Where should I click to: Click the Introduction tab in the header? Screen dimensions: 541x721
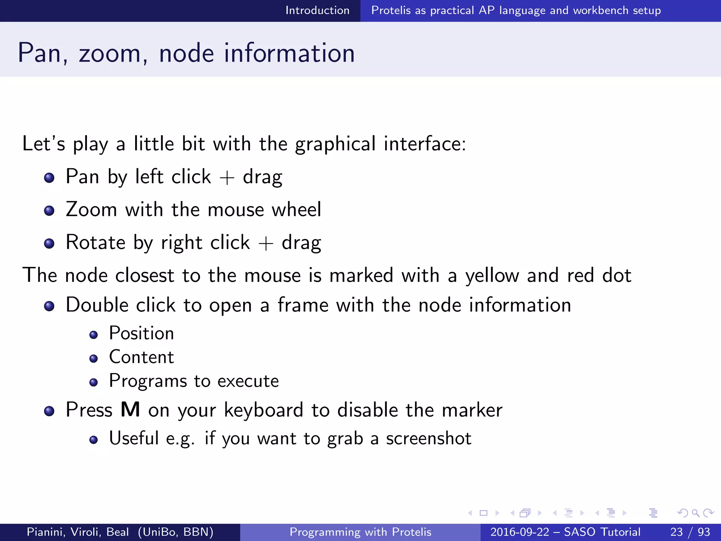click(x=317, y=11)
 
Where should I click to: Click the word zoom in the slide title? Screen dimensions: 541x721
click(x=109, y=54)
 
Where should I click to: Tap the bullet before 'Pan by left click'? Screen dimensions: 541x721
click(x=49, y=178)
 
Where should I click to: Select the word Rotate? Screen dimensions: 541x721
click(x=95, y=242)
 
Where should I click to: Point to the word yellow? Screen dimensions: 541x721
click(x=492, y=276)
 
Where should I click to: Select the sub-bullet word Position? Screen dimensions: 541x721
click(x=141, y=333)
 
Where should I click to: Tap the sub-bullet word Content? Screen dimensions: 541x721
click(x=141, y=357)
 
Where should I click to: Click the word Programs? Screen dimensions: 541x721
click(x=148, y=381)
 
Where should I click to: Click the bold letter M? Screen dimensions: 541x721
click(x=130, y=410)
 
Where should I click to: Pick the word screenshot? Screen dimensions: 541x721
click(x=428, y=439)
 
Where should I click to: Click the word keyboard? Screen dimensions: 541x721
click(x=263, y=410)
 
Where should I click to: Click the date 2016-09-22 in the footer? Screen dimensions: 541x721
click(x=520, y=532)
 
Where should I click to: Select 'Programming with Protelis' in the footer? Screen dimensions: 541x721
click(x=360, y=532)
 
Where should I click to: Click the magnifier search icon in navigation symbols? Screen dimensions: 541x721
click(x=696, y=513)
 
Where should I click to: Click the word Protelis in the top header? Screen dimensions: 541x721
click(x=391, y=11)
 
